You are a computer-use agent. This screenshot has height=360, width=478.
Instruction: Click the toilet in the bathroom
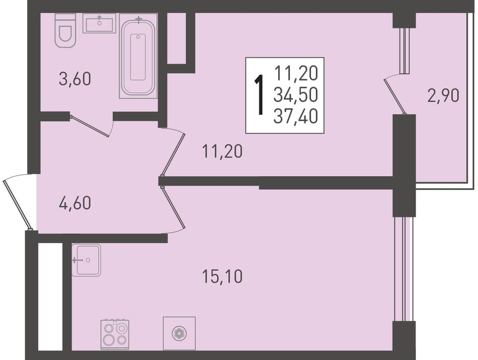(65, 31)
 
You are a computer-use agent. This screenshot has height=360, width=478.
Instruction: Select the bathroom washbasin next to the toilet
(99, 23)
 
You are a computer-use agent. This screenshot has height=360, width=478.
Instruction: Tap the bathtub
(138, 56)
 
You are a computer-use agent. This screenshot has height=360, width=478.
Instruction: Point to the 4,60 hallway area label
(75, 203)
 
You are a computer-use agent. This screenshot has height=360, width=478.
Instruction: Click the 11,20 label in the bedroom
(222, 152)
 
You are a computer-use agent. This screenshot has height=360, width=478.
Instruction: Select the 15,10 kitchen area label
(222, 276)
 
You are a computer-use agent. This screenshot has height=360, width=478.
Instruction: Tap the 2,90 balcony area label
(443, 96)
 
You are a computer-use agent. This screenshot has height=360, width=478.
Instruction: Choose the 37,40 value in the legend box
(296, 116)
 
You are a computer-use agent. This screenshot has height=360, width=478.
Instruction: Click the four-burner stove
(115, 334)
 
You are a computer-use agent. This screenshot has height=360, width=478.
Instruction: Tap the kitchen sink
(86, 260)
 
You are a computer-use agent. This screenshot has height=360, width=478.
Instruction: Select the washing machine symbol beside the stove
(179, 333)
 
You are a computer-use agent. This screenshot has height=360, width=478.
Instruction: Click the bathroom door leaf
(90, 126)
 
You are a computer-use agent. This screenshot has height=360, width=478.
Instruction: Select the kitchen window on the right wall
(404, 269)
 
